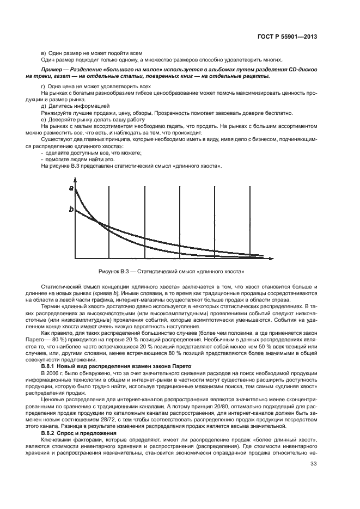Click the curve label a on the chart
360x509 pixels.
(71, 188)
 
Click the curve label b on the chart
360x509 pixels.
(71, 208)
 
